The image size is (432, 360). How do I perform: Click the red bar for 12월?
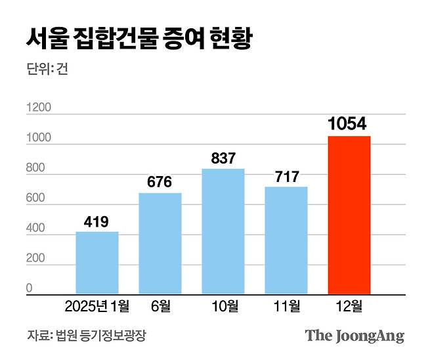349,215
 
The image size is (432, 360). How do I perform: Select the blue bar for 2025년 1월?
97,263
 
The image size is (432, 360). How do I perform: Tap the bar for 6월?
160,243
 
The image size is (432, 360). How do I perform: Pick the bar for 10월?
223,231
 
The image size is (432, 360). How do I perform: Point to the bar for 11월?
286,240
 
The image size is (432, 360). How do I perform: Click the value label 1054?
348,124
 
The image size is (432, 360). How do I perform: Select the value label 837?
223,158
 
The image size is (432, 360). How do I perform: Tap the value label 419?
97,221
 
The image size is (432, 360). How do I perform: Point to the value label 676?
160,181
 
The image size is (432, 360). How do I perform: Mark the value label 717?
286,176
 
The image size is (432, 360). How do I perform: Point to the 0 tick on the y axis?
30,288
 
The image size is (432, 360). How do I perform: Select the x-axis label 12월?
349,305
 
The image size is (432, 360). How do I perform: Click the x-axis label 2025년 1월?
97,305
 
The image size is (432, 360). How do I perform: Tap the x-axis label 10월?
223,305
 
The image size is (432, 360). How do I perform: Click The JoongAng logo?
354,336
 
